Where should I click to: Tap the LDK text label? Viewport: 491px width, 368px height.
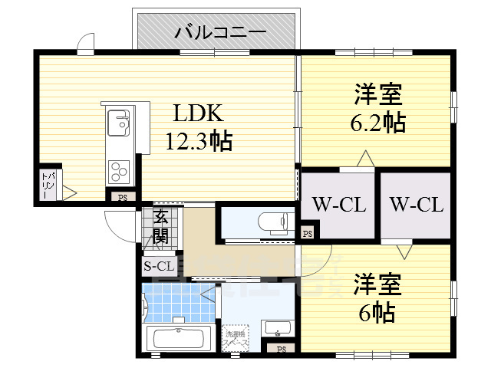(x=197, y=114)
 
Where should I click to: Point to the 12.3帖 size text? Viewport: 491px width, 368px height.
(x=199, y=141)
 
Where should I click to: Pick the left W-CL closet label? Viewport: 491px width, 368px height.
(x=338, y=205)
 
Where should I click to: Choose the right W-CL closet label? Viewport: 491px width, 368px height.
(x=416, y=205)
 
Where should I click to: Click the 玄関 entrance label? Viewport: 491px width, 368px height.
(x=161, y=226)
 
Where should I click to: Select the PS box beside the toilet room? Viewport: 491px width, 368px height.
(x=307, y=232)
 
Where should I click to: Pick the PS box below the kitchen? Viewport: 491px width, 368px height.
(x=122, y=197)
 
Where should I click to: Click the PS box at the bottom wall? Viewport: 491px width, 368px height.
(x=281, y=350)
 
